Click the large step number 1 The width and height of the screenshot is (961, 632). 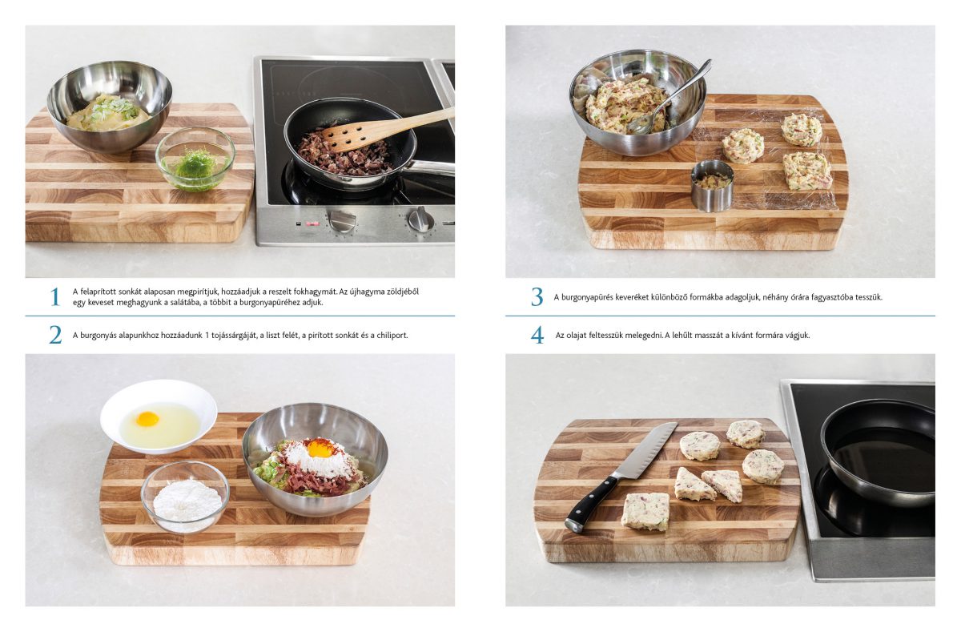click(x=55, y=297)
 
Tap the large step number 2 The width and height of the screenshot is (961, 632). click(x=55, y=335)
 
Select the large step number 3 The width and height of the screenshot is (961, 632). click(x=537, y=297)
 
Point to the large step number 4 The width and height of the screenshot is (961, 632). click(x=537, y=335)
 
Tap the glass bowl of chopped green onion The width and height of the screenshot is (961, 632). click(x=195, y=159)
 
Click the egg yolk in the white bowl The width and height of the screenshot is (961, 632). click(x=147, y=419)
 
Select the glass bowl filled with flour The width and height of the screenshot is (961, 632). click(x=185, y=497)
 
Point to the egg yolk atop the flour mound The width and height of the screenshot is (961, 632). click(x=320, y=449)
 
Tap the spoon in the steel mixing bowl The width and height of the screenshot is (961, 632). click(x=670, y=99)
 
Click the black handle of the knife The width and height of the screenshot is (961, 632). click(x=593, y=504)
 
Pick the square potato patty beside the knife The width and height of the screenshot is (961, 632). click(x=645, y=511)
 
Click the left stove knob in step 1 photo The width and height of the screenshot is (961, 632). click(x=342, y=220)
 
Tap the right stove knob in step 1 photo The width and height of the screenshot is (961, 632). click(x=420, y=219)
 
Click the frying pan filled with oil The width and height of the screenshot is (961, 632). click(x=878, y=453)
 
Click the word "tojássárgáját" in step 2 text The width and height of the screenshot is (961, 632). click(x=232, y=336)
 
